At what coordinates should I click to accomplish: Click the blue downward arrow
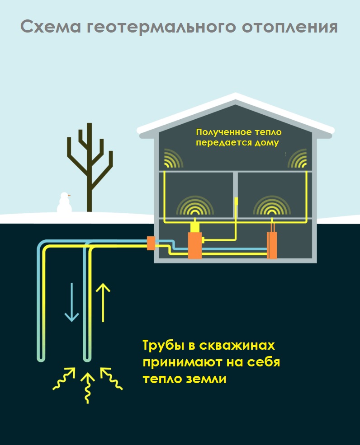point(71,302)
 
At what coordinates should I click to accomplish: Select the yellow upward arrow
point(104,302)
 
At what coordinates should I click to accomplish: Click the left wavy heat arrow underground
point(64,379)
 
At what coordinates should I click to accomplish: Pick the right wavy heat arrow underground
point(111,379)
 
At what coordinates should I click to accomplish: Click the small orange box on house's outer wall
point(151,243)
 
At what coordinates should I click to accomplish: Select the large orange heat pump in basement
point(194,245)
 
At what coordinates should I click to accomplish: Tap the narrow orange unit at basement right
point(271,245)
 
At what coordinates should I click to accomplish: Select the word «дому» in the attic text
point(268,142)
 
